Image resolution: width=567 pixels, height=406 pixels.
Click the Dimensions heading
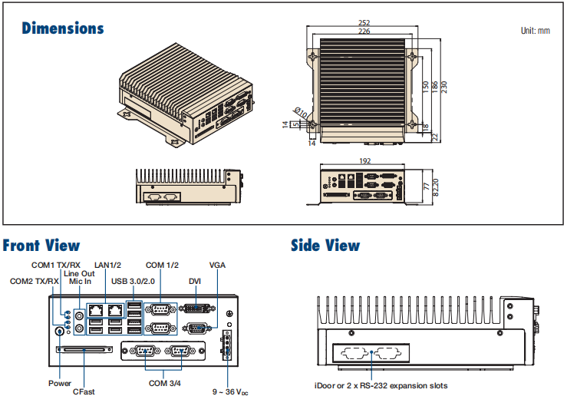click(63, 28)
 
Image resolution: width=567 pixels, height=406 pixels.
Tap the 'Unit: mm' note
click(536, 31)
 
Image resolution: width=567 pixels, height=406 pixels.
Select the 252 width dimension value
click(364, 23)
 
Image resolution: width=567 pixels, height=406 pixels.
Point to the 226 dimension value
click(364, 31)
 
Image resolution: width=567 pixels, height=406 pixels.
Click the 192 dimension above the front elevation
click(365, 160)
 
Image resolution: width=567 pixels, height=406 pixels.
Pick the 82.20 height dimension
click(435, 187)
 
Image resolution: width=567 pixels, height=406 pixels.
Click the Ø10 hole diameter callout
click(300, 113)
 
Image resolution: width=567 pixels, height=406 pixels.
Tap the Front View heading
click(41, 246)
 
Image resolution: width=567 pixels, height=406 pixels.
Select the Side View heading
click(325, 246)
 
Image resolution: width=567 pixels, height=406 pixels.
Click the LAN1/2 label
click(107, 266)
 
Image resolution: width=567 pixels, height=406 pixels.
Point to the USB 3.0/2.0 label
click(133, 282)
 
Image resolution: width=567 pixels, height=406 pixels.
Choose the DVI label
click(195, 282)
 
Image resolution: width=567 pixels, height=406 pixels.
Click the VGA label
click(217, 266)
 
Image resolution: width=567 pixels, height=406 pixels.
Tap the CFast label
click(84, 392)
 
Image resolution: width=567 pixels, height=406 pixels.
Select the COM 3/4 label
click(165, 383)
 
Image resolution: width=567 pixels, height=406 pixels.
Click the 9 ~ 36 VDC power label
click(230, 392)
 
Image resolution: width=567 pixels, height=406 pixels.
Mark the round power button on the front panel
click(59, 331)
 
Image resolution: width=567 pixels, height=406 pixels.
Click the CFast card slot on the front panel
click(84, 349)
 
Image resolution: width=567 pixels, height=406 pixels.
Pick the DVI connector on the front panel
click(197, 309)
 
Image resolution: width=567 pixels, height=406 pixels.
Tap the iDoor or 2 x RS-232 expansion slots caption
click(381, 386)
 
